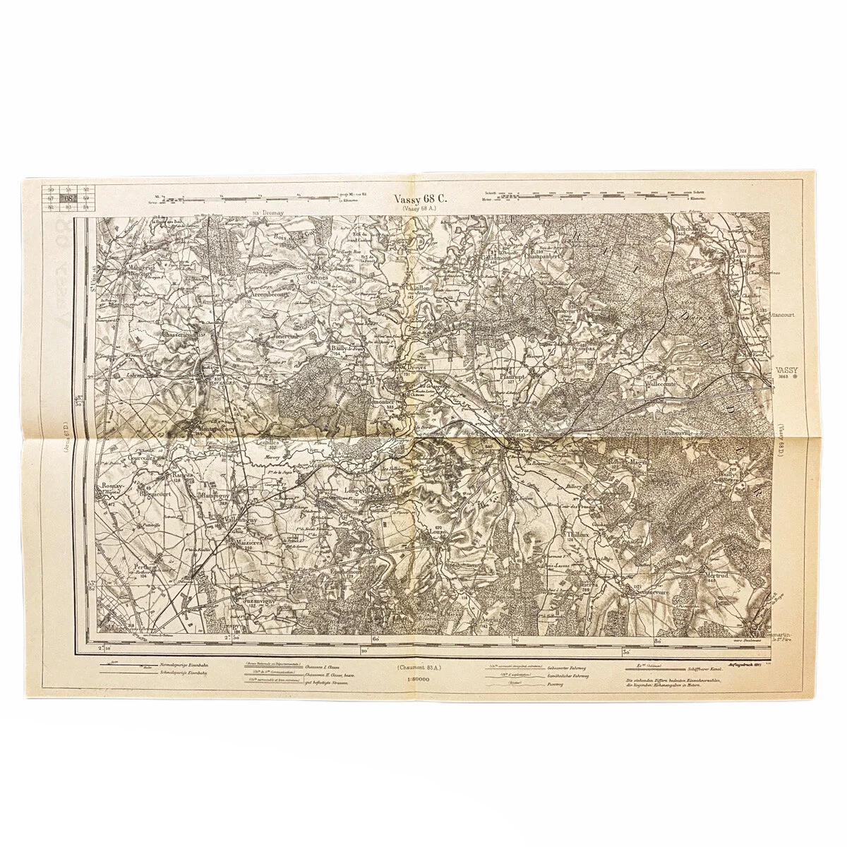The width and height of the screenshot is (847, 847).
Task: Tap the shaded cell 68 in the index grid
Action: point(68,198)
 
